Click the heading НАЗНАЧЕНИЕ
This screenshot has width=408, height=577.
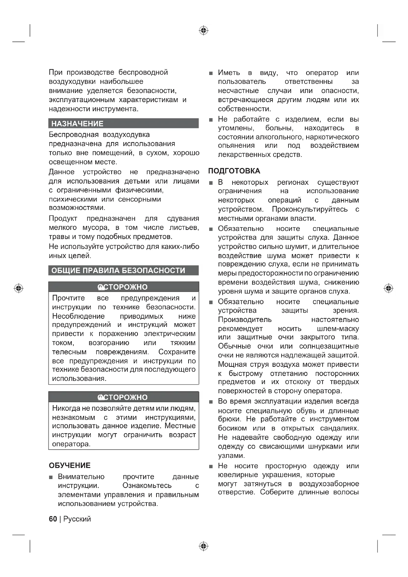[x=77, y=124]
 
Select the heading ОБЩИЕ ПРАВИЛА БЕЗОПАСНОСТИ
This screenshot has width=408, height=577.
[x=118, y=270]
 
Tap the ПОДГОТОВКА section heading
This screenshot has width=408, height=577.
[x=234, y=171]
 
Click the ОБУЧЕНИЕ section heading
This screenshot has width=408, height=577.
[x=70, y=465]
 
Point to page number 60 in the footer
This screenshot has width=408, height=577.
[x=53, y=519]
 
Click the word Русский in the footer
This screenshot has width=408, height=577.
[x=77, y=519]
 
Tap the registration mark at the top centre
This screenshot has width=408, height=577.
[x=204, y=30]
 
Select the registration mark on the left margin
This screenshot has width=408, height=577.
[x=19, y=288]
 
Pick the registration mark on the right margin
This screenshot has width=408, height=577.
[x=389, y=288]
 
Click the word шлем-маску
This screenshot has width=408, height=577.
[x=338, y=329]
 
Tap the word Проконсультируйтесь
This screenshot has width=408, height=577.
[x=310, y=209]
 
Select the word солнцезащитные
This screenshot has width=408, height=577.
[x=329, y=346]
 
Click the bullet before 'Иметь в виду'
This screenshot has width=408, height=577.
[x=211, y=73]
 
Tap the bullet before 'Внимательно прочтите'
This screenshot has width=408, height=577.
[x=51, y=477]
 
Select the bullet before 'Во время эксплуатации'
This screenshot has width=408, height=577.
[x=211, y=402]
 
